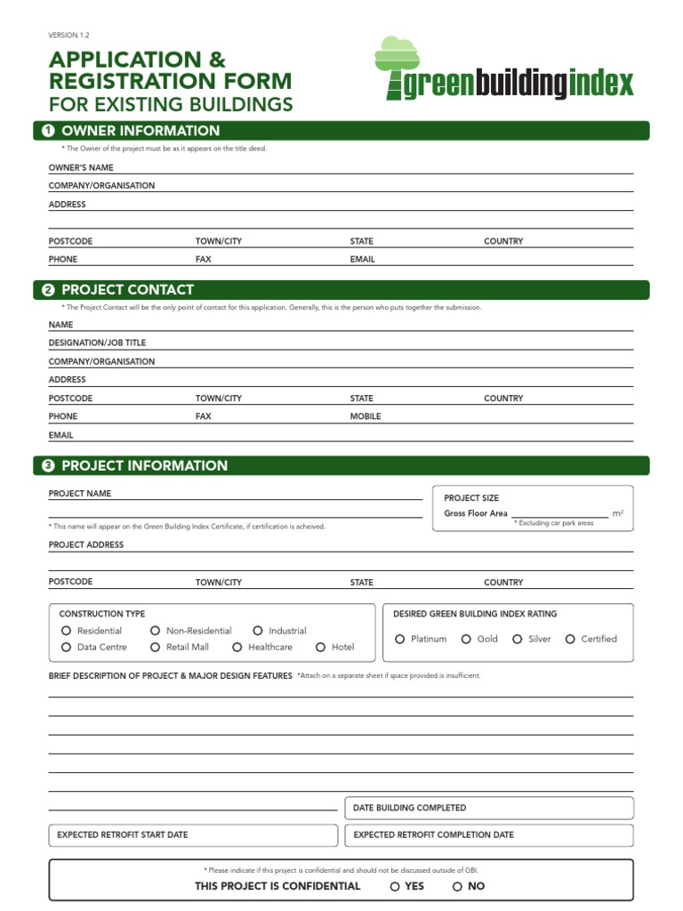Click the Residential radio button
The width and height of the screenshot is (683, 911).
pos(66,631)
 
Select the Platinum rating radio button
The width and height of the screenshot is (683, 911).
pos(400,639)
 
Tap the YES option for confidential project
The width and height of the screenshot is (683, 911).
pos(395,886)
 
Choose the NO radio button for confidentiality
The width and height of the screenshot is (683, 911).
pos(457,886)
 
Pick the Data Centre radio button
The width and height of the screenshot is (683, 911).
pos(66,648)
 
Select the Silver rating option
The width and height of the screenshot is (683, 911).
pos(518,639)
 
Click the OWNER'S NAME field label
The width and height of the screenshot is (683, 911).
pos(81,167)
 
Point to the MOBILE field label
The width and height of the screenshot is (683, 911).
pos(366,416)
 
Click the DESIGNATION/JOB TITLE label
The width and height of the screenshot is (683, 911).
pos(97,343)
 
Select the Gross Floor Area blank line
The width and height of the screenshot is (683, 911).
pos(559,513)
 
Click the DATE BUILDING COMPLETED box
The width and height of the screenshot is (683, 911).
pos(489,808)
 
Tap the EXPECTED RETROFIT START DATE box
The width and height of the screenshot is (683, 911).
pos(192,835)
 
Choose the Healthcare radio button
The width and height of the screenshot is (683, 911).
pos(237,648)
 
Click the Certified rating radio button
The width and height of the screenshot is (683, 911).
pos(570,639)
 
